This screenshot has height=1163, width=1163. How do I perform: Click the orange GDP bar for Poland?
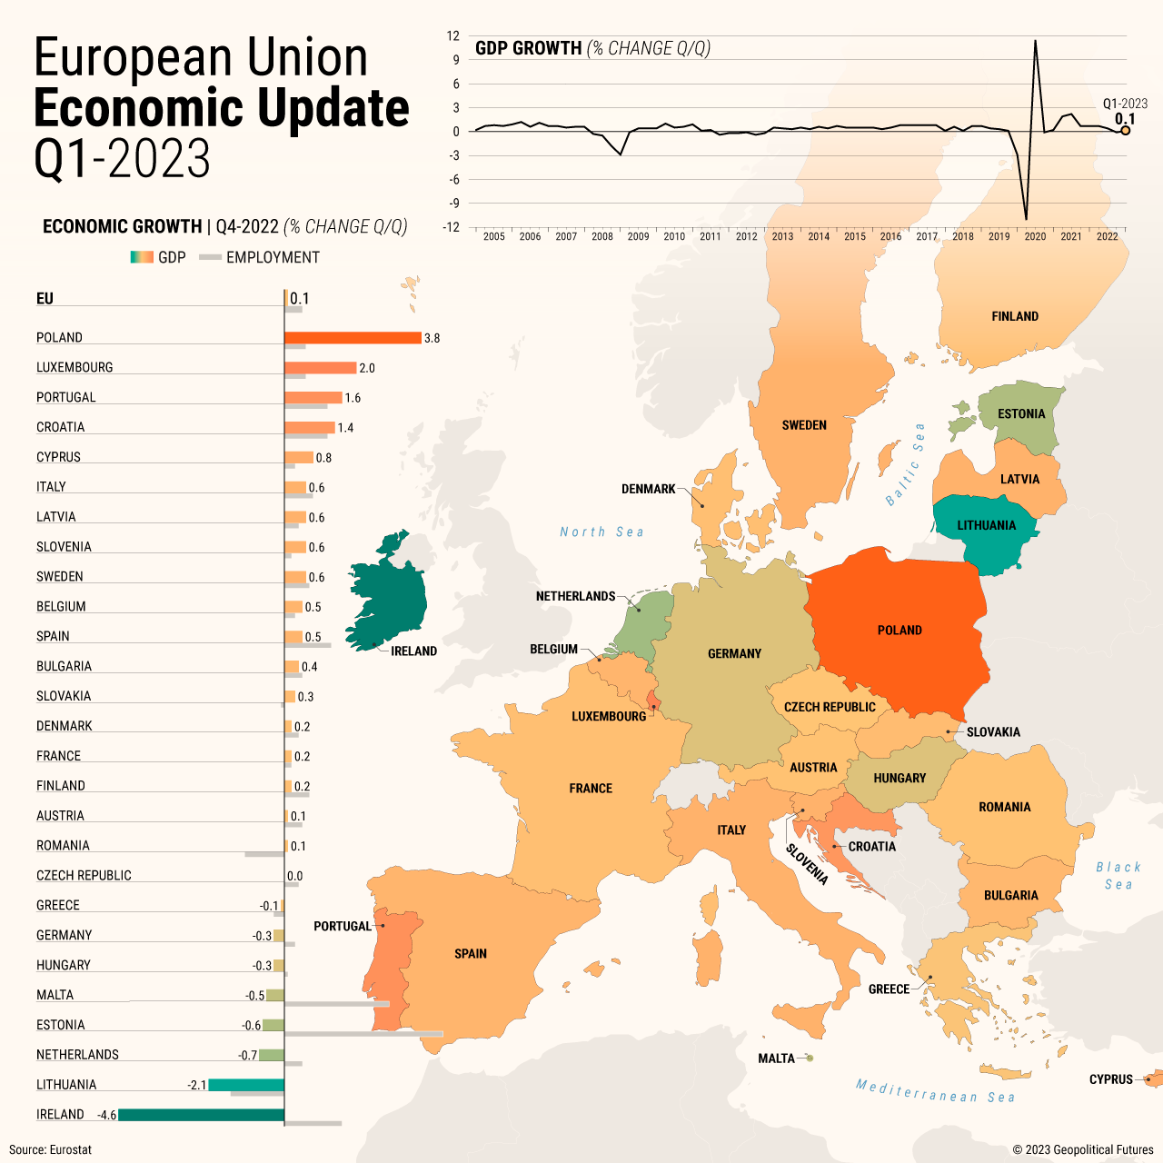tap(353, 338)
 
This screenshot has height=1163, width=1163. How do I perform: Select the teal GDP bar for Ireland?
tap(201, 1115)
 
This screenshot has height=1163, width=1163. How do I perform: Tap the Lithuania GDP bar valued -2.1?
tap(246, 1085)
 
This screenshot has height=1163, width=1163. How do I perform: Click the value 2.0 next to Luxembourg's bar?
tap(367, 368)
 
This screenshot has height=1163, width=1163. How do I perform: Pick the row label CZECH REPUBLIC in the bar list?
tap(84, 876)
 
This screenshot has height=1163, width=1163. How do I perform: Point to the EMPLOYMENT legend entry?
tap(273, 257)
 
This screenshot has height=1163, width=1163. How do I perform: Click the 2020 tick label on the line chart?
tap(1035, 236)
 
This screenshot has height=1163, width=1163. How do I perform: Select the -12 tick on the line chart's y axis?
tap(452, 227)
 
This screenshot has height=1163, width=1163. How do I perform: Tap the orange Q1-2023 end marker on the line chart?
tap(1125, 131)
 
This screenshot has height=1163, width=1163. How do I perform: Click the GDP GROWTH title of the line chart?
tap(528, 48)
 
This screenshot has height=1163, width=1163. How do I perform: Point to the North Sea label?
tap(601, 532)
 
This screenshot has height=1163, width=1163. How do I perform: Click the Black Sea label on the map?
tap(1118, 876)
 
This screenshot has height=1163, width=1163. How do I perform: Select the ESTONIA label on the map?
tap(1021, 414)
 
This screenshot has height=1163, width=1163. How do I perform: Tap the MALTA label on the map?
tap(776, 1059)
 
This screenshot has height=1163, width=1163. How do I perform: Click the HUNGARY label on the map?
tap(900, 779)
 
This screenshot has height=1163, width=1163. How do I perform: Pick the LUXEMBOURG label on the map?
tap(609, 717)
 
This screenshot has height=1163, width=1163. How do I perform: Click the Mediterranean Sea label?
tap(935, 1091)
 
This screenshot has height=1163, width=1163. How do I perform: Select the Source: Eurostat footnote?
tap(51, 1149)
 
